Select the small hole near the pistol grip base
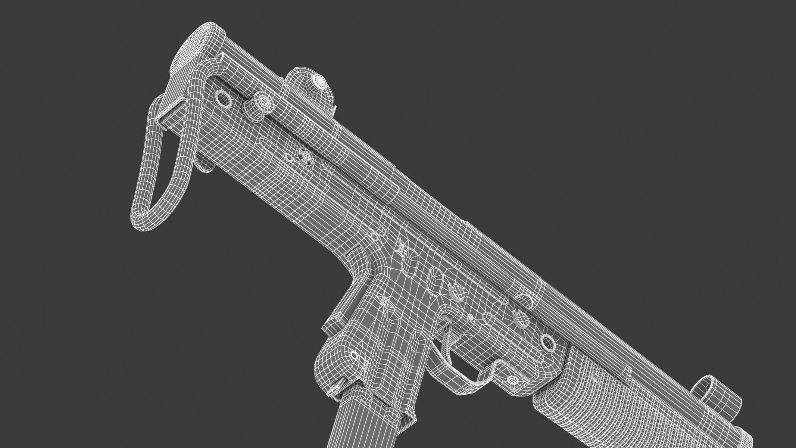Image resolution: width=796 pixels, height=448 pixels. [x=352, y=354]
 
